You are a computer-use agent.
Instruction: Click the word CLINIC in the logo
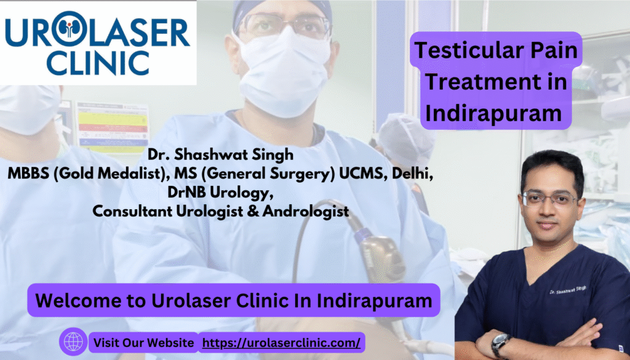coord(98,63)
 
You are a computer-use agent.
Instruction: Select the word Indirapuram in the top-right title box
coord(493,113)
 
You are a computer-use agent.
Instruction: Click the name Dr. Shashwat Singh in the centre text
coord(221,154)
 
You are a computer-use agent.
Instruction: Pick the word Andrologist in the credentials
coord(305,212)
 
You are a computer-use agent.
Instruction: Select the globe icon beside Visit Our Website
coord(73,342)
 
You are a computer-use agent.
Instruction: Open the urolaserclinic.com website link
coord(281,343)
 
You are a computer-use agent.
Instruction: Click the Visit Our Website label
coord(144,343)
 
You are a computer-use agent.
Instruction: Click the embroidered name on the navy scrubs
coord(568,290)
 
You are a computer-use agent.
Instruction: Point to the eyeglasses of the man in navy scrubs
coord(550,199)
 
